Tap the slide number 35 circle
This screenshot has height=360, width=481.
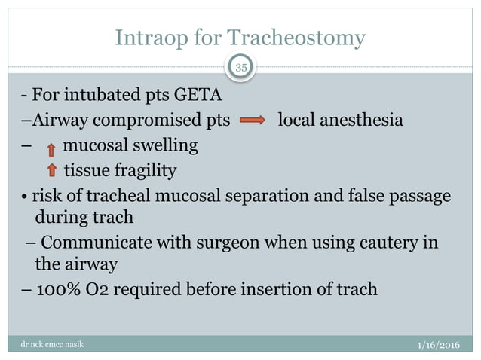tap(242, 69)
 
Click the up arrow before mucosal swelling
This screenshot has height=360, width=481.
tap(51, 146)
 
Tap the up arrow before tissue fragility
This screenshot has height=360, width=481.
tap(51, 170)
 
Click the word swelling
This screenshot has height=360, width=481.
tap(165, 145)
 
